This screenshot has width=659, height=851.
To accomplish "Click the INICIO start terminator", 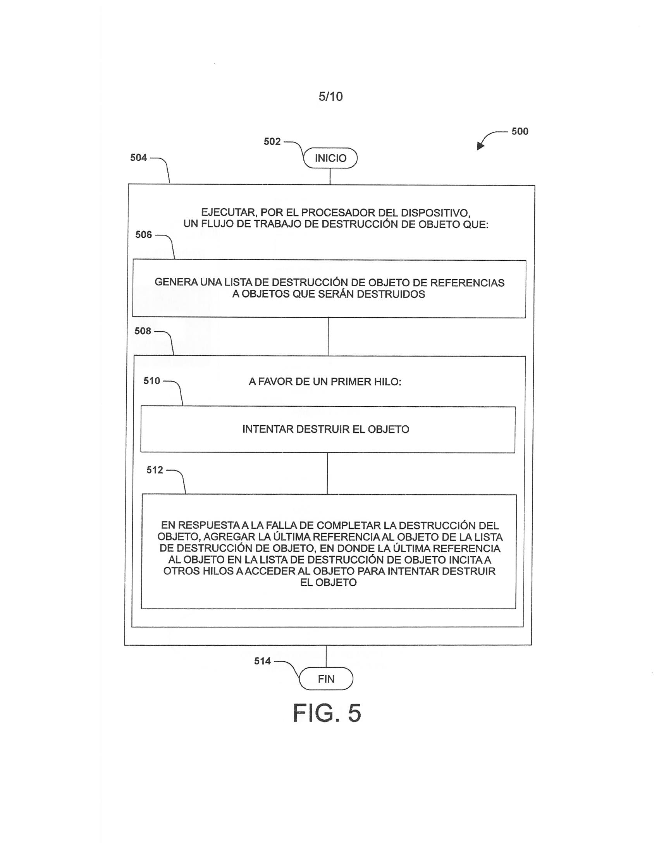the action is click(330, 158).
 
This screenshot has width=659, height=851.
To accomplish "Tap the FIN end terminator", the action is click(326, 679).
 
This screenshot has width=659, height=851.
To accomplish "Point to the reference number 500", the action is click(520, 131).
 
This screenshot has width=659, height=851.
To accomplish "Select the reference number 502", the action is click(272, 141).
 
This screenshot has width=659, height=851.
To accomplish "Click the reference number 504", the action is click(138, 157).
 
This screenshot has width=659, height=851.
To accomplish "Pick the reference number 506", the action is click(143, 235).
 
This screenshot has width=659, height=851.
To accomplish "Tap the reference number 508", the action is click(143, 331).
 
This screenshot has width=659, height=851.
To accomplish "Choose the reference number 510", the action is click(151, 381).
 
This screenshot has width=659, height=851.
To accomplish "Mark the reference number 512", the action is click(155, 470).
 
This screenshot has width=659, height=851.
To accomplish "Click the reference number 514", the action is click(262, 661).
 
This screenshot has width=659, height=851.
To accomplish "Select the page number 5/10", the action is click(330, 96).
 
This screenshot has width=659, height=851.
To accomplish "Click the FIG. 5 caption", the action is click(327, 713).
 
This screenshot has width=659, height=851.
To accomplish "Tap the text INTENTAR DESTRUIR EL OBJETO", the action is click(326, 429).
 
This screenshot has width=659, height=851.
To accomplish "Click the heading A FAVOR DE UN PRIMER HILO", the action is click(325, 382).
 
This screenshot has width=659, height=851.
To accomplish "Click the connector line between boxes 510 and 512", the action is click(327, 473).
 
